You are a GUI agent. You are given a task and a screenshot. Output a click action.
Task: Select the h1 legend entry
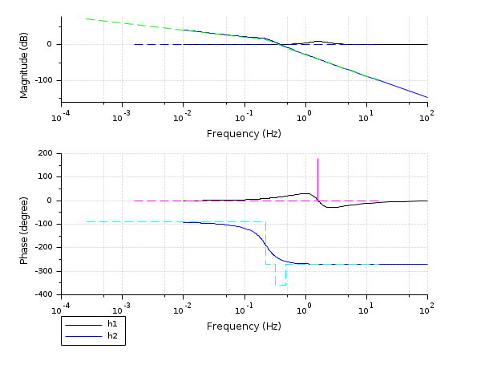pyautogui.click(x=112, y=323)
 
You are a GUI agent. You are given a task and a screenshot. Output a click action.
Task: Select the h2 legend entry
pyautogui.click(x=112, y=336)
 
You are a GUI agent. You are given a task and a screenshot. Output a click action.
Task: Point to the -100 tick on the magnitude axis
pyautogui.click(x=42, y=80)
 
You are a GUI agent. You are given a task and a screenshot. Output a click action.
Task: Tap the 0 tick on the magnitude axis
pyautogui.click(x=50, y=44)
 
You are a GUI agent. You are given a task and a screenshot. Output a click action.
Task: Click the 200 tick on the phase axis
pyautogui.click(x=44, y=153)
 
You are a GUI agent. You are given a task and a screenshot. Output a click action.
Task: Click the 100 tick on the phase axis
pyautogui.click(x=44, y=176)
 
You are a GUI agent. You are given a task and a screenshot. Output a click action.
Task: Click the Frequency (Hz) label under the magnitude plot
pyautogui.click(x=244, y=133)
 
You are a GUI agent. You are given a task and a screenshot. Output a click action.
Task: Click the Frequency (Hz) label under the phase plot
pyautogui.click(x=244, y=326)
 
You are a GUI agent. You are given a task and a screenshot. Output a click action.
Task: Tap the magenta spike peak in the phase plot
pyautogui.click(x=317, y=159)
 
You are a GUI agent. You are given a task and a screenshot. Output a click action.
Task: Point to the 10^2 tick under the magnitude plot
pyautogui.click(x=427, y=116)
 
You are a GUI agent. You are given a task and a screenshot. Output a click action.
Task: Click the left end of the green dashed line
pyautogui.click(x=87, y=18)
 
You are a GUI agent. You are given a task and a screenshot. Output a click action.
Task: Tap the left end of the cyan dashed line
pyautogui.click(x=87, y=221)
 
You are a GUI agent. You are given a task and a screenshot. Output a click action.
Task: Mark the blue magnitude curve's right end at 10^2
pyautogui.click(x=427, y=97)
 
